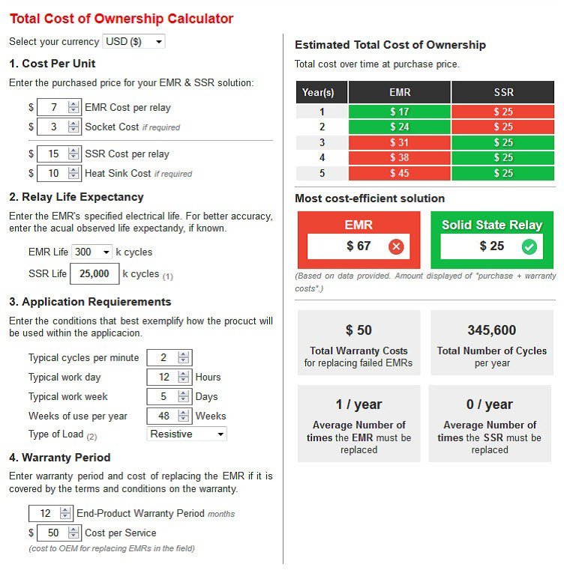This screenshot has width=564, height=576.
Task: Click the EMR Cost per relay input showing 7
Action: click(52, 107)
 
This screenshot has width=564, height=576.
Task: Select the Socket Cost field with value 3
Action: click(52, 127)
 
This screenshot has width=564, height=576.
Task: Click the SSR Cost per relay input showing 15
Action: click(52, 154)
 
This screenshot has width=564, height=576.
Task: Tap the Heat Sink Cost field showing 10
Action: click(52, 173)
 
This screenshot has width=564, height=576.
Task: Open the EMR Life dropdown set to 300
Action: click(92, 252)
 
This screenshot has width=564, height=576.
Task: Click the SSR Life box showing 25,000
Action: click(94, 274)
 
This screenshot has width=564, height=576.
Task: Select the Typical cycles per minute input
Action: click(163, 357)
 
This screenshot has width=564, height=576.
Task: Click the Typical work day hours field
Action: click(163, 377)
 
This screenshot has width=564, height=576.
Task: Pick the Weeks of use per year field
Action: click(163, 416)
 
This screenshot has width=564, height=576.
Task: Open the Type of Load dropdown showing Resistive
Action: click(187, 434)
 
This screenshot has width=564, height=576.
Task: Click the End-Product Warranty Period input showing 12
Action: click(45, 513)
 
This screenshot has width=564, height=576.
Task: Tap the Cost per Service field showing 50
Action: click(52, 533)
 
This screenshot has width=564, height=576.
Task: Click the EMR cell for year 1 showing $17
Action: click(399, 112)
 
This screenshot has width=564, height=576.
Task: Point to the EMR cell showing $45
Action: click(399, 174)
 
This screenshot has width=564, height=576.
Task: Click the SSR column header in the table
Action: click(503, 92)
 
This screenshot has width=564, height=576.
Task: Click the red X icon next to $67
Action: click(397, 246)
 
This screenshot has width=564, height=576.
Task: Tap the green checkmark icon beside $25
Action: click(529, 246)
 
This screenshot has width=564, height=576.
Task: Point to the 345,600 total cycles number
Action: click(491, 330)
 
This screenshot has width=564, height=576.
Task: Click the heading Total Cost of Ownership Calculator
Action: click(121, 19)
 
